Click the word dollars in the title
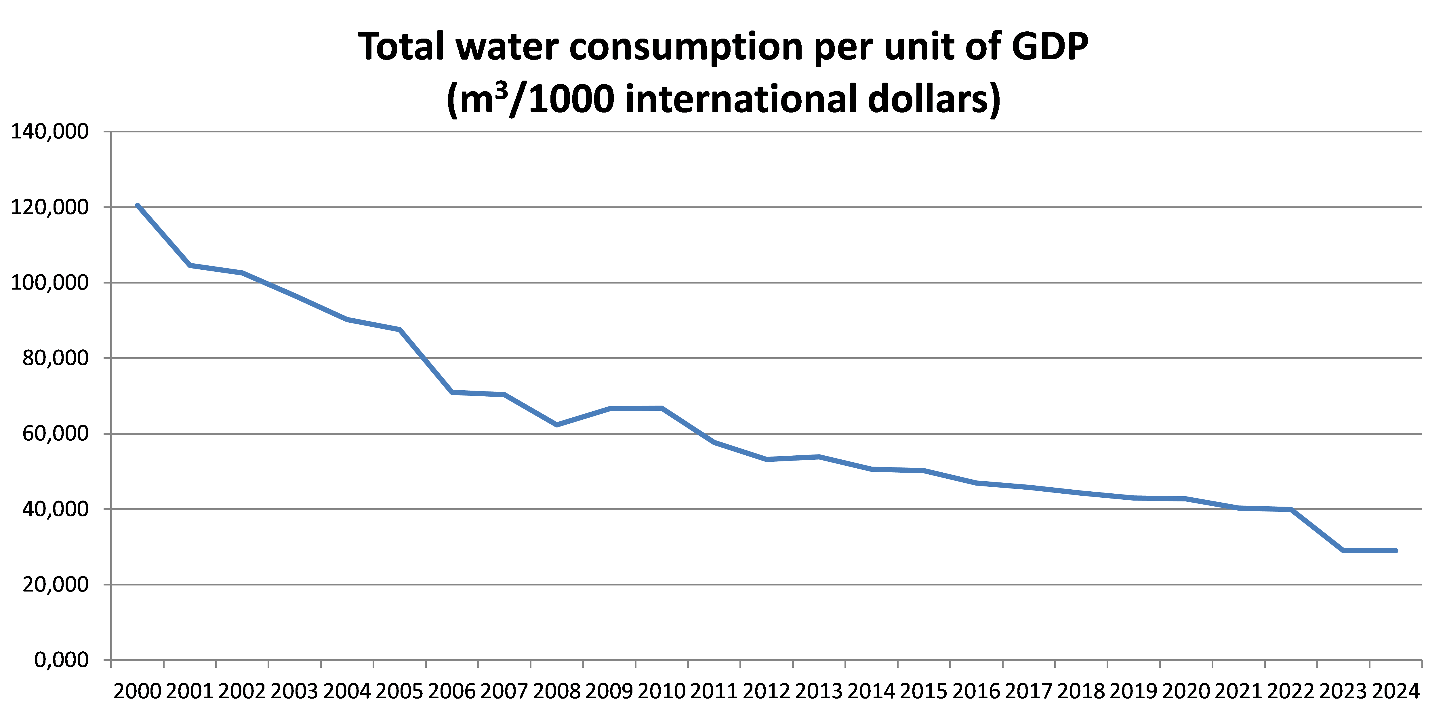coord(934,99)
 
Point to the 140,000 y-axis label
coord(49,132)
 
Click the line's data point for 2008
coord(557,425)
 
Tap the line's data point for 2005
coord(399,330)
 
